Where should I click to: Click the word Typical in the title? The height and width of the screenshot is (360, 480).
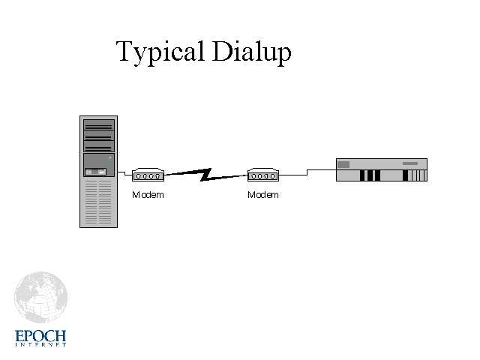point(160,52)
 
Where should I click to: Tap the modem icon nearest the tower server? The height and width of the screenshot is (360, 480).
point(148,175)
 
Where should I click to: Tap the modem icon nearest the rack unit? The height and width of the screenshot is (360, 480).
point(263,175)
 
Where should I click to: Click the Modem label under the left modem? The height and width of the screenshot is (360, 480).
point(148,195)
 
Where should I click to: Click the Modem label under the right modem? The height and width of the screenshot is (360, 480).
point(263,195)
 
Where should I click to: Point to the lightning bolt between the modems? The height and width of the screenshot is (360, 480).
point(205,175)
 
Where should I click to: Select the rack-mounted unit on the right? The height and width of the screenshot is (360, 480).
point(381,170)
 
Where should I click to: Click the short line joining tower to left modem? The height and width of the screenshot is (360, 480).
point(125,178)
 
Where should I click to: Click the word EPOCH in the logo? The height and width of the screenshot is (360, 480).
point(40,335)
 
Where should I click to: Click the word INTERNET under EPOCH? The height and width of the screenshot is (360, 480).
point(40,345)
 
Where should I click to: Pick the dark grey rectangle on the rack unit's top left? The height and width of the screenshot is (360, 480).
point(344,164)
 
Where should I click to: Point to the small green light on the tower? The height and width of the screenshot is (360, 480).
point(109,158)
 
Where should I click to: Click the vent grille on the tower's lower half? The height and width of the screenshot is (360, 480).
point(98,202)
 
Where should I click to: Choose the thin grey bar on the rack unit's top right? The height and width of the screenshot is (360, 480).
point(410,163)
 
